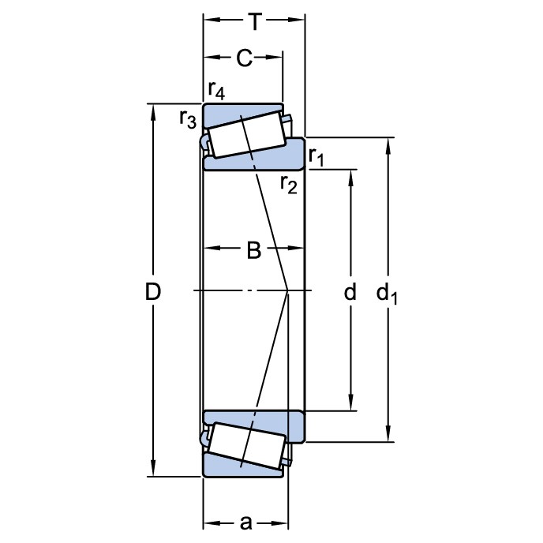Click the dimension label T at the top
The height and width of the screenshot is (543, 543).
(254, 21)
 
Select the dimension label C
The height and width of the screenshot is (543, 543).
(245, 58)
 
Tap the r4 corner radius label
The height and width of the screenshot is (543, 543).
(216, 91)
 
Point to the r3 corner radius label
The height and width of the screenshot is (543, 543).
(188, 119)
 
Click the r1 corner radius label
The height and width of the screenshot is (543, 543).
(316, 157)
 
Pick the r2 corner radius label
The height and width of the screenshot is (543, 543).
(289, 184)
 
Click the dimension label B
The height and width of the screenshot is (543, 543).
(254, 250)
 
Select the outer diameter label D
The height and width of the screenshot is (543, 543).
(153, 291)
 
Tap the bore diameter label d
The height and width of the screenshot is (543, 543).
(350, 291)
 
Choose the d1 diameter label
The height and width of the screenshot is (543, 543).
(387, 293)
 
